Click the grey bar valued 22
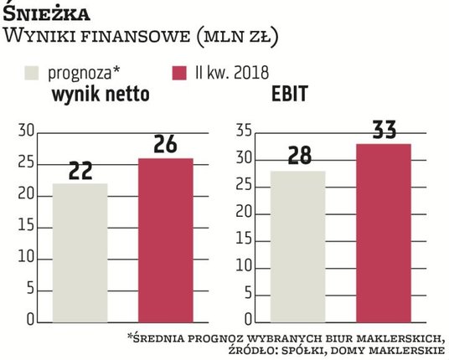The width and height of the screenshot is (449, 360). coord(80,251)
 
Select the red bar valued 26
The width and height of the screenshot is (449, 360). coord(165,239)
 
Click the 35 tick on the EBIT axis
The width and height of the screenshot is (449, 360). coord(245,130)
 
